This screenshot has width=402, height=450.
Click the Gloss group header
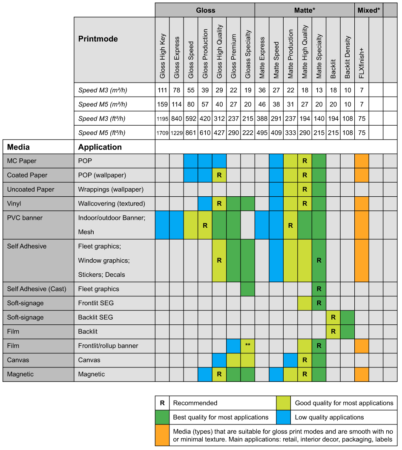(205, 10)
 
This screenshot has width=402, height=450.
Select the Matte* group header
(304, 10)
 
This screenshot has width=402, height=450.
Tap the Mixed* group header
(368, 10)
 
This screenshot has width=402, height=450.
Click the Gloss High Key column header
(162, 56)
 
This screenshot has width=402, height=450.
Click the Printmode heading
(98, 39)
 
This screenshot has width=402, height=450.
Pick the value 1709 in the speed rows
(162, 133)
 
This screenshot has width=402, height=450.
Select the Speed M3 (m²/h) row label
(103, 90)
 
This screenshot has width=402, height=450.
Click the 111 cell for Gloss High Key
(162, 90)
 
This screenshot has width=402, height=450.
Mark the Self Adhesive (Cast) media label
(37, 289)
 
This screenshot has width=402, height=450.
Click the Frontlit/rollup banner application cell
(108, 346)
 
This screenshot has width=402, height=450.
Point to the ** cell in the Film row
(248, 346)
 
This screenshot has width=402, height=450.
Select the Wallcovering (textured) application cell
(112, 204)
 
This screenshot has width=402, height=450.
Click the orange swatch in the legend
(162, 434)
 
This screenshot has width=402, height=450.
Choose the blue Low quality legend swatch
(284, 417)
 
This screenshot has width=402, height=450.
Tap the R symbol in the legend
(162, 403)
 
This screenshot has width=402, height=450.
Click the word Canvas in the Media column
(18, 360)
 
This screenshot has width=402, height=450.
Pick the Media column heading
(18, 147)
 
